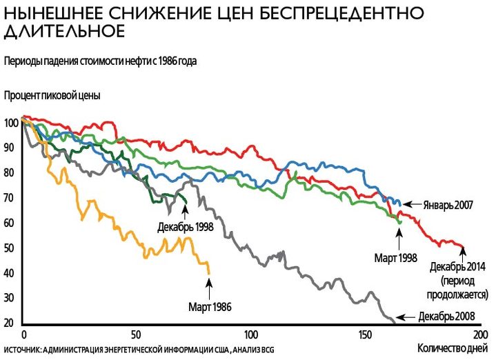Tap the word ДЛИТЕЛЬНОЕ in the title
65,32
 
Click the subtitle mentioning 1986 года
100,61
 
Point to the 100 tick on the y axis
10,123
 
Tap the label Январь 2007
446,204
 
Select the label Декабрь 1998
184,226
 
